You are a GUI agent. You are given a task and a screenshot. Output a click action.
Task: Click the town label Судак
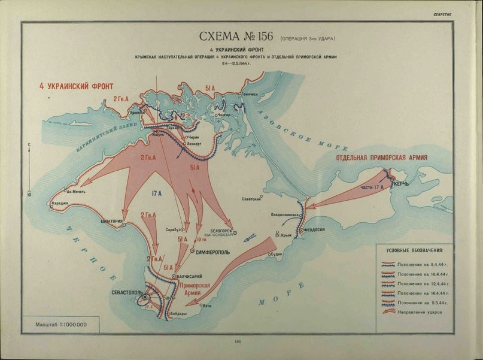[277, 254]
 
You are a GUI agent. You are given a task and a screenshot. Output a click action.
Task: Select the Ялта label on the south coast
[207, 305]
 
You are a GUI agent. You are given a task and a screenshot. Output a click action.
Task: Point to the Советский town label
[252, 199]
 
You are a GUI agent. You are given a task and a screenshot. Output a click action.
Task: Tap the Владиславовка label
[285, 214]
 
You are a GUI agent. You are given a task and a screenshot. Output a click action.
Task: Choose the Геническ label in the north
[250, 94]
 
